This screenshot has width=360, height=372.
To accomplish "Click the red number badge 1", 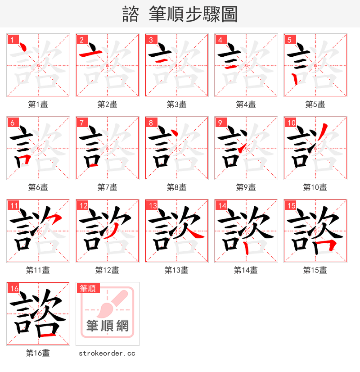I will click(x=12, y=39).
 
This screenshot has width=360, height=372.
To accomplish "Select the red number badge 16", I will click(x=14, y=288).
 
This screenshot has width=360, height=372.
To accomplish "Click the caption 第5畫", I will click(x=315, y=104).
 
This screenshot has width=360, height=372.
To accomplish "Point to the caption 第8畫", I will click(x=176, y=187).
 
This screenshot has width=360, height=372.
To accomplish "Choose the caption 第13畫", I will click(x=176, y=270).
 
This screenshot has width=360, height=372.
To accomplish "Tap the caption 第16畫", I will click(x=38, y=353).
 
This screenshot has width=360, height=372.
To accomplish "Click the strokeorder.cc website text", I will click(x=107, y=354).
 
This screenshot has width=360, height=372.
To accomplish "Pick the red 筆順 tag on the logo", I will click(x=89, y=288).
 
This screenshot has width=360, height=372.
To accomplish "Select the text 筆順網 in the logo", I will click(x=108, y=326).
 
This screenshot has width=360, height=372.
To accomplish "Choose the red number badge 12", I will click(x=83, y=205).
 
